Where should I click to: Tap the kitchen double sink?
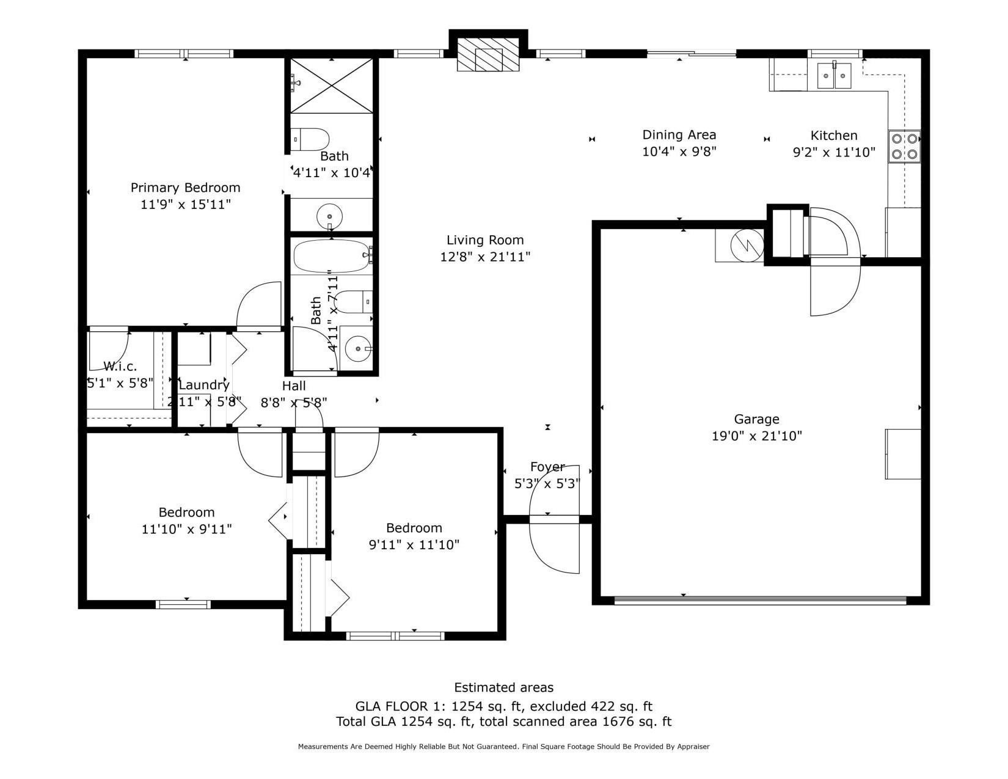tap(835, 76)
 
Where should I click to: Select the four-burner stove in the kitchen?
tap(904, 147)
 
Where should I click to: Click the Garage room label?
tap(756, 419)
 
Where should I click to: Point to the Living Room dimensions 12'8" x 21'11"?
tap(485, 257)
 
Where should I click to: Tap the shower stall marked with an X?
tap(331, 86)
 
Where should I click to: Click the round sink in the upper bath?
tap(330, 216)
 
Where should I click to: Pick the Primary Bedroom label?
tap(185, 188)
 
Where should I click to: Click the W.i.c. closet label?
tap(120, 367)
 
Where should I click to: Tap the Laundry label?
tap(204, 385)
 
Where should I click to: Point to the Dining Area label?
tap(679, 135)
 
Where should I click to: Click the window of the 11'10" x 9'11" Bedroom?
tap(183, 604)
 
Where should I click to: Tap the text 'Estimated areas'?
tap(503, 687)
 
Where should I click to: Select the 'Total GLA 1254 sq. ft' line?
tap(503, 722)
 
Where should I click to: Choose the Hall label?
tap(294, 386)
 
